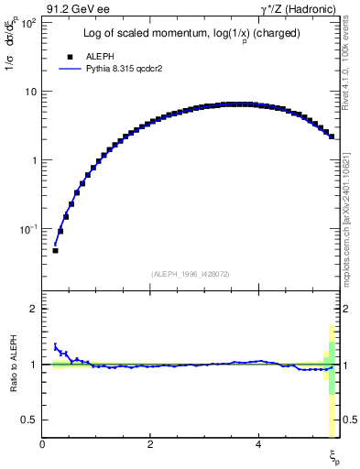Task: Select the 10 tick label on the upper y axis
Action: tap(29, 92)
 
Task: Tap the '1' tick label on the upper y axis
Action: tap(33, 160)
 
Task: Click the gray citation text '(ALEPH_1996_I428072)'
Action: tap(190, 274)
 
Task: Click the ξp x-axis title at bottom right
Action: tap(333, 455)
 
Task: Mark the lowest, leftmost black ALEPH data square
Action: tap(55, 250)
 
